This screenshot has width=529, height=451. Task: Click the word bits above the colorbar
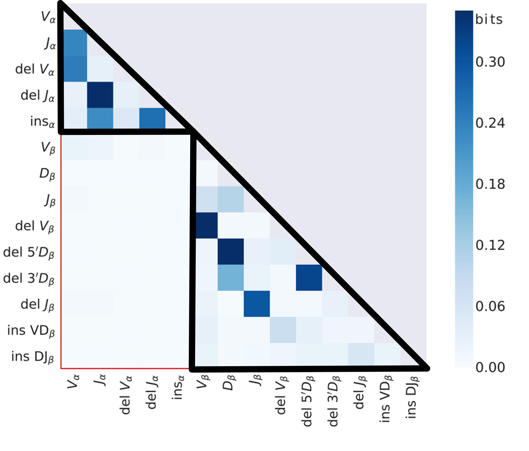(x=489, y=19)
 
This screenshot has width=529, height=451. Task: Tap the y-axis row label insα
(x=42, y=122)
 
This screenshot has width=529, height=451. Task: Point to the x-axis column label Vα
(x=73, y=382)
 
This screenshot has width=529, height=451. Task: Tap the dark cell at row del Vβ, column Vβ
(x=207, y=225)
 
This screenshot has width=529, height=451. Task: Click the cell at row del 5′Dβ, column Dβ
(x=231, y=252)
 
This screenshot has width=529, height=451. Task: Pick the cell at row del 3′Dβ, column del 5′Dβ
(x=309, y=278)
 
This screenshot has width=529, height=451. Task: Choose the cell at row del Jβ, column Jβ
(x=257, y=304)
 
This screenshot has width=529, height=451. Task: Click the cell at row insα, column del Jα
(x=152, y=118)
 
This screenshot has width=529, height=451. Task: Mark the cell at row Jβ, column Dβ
(x=231, y=199)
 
